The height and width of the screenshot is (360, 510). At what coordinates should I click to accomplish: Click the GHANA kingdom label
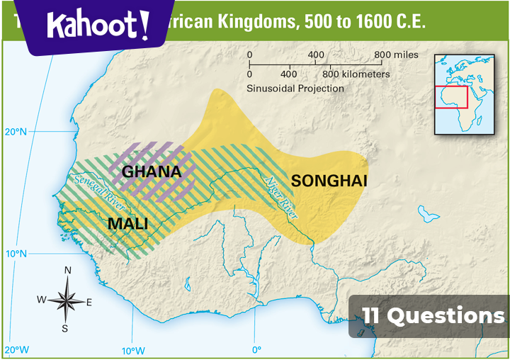click(152, 171)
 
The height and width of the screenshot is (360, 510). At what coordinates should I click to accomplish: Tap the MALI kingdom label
click(127, 224)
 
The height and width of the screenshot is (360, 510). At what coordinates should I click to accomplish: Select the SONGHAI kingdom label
click(329, 181)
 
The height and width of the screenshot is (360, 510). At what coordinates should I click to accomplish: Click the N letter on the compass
click(68, 270)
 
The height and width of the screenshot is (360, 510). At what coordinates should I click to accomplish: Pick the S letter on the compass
click(65, 328)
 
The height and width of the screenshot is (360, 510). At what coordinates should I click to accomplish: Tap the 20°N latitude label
click(15, 132)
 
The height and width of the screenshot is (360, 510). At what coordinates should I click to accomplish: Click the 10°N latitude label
click(15, 254)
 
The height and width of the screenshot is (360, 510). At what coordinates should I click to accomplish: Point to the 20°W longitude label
click(16, 350)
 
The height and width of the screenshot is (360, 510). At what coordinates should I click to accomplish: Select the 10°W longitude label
click(132, 350)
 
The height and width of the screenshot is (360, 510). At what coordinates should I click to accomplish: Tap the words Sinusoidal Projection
click(295, 89)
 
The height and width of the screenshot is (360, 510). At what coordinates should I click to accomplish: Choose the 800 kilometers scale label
click(356, 74)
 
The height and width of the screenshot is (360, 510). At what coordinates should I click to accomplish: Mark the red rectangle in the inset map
click(450, 98)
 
